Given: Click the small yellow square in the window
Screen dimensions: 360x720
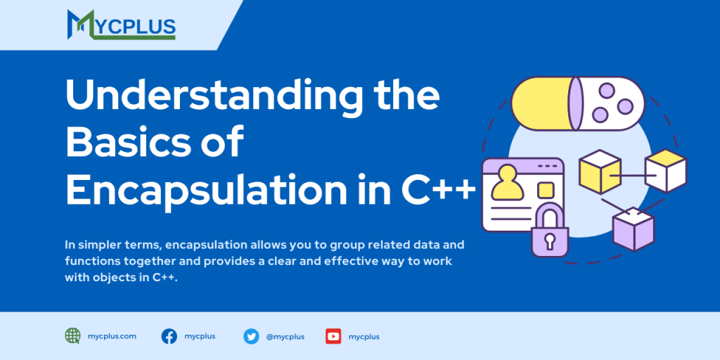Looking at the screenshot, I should click(546, 190).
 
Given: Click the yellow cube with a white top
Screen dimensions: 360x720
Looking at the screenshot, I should click(600, 172).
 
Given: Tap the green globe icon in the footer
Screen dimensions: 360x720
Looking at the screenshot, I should click(73, 336).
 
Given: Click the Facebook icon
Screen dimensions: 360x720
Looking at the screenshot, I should click(169, 336).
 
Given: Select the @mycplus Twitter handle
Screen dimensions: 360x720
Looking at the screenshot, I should click(285, 337).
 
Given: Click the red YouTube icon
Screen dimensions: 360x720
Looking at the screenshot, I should click(333, 336).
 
